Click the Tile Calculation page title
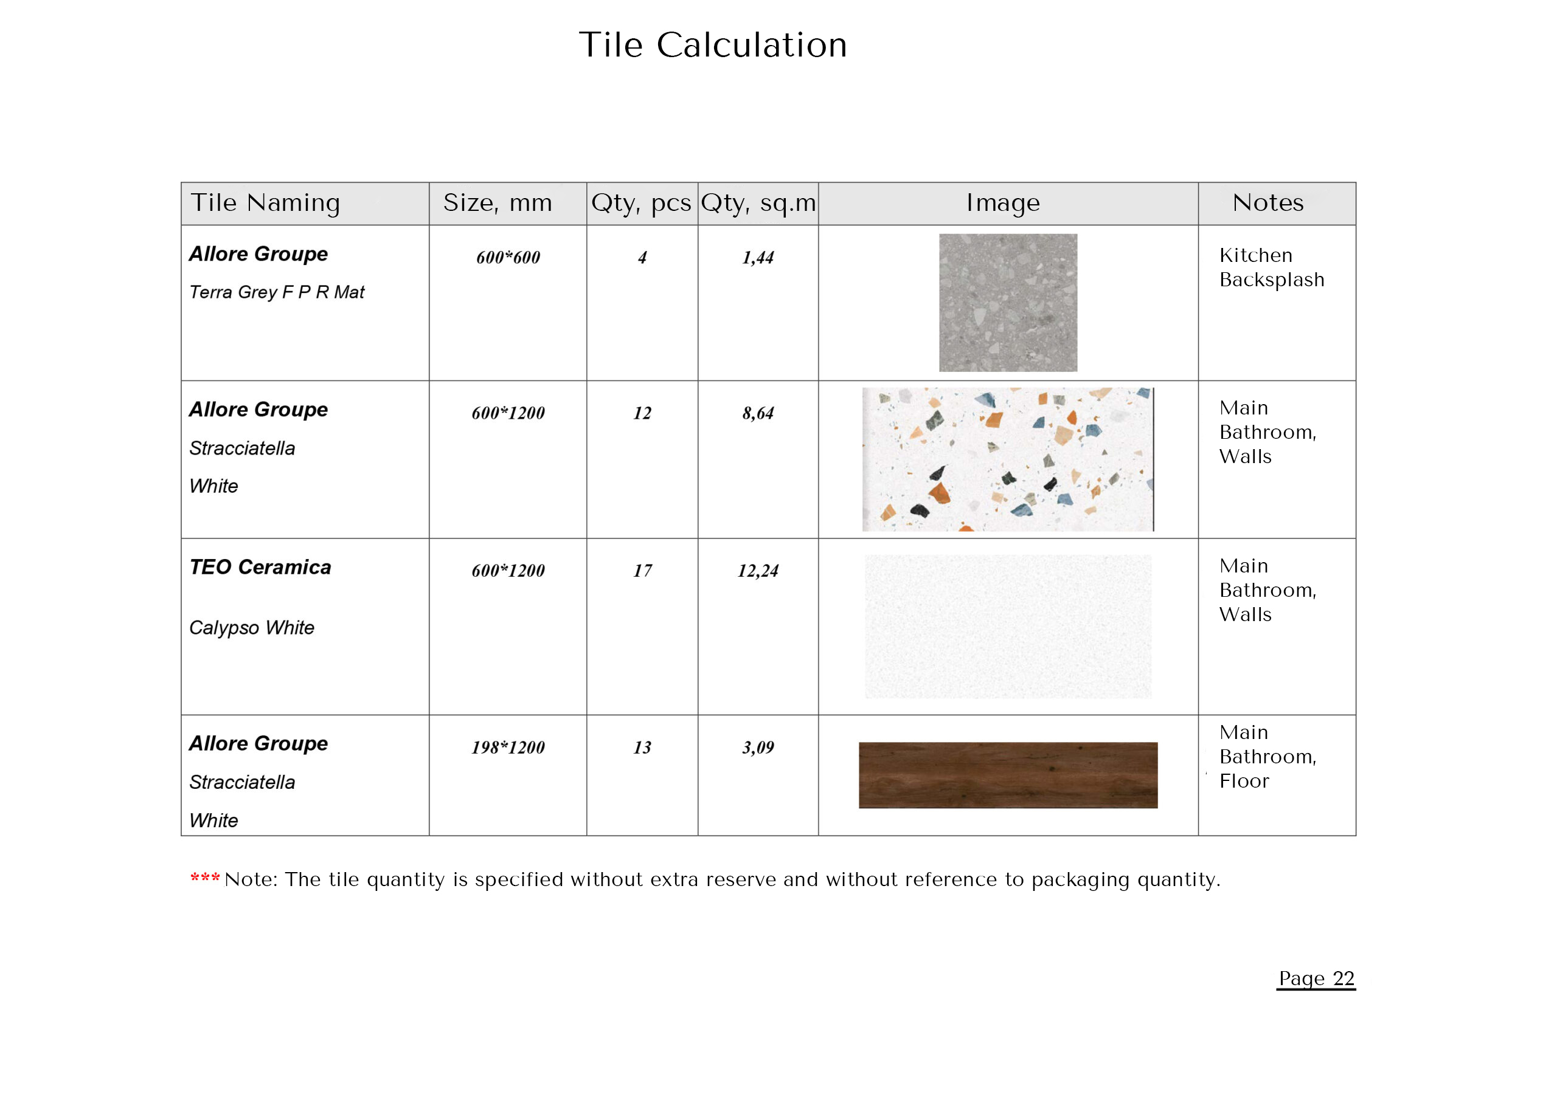[712, 46]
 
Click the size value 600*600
[508, 258]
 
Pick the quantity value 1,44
[757, 258]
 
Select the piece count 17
[642, 571]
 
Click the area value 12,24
[757, 571]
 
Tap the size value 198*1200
[508, 748]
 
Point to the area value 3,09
[757, 748]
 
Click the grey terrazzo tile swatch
[1008, 302]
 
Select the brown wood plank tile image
[1008, 775]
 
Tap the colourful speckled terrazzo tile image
[1008, 459]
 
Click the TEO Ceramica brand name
[260, 567]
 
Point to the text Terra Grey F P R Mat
[277, 292]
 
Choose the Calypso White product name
[252, 628]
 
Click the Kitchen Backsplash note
[1271, 268]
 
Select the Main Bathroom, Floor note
[1267, 757]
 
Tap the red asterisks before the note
[205, 878]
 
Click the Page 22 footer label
[1316, 978]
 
